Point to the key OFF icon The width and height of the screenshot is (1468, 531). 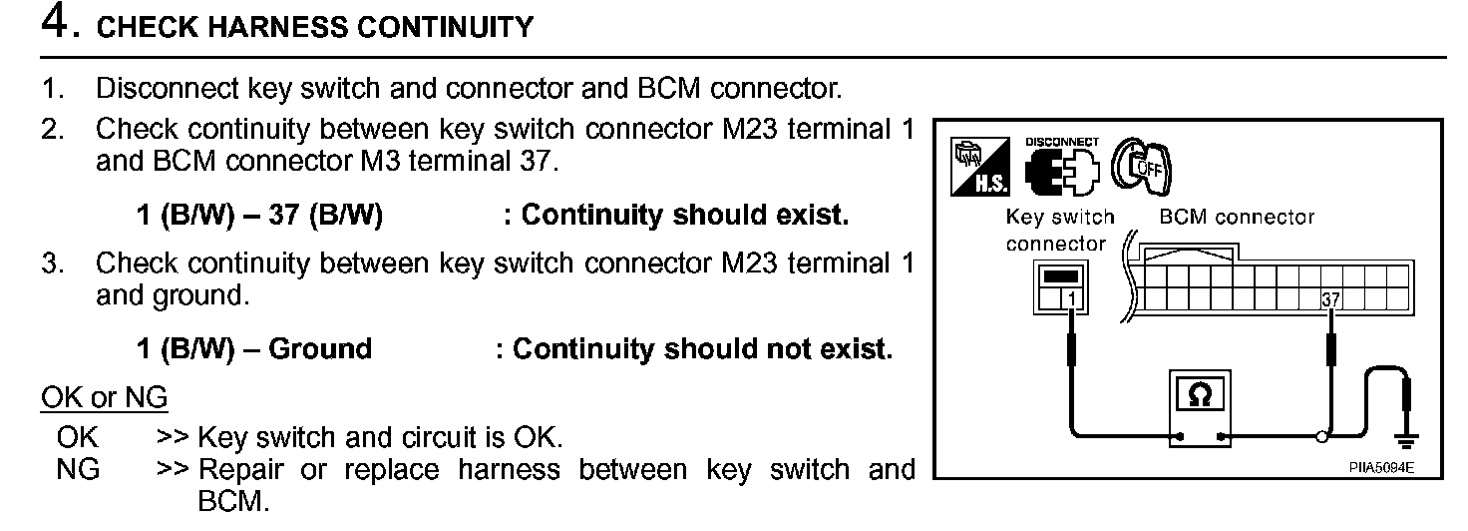1142,164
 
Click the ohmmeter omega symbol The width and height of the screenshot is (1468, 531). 1201,395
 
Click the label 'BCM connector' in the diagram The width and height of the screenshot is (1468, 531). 1237,218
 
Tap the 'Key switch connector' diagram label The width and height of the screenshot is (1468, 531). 1059,230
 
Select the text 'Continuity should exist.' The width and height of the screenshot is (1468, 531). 685,216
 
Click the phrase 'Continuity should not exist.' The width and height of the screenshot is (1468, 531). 702,349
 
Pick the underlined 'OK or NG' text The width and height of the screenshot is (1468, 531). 104,399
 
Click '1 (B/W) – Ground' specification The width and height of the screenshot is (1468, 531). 253,349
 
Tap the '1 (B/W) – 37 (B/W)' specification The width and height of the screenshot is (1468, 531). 258,216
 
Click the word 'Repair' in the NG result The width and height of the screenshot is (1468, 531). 242,470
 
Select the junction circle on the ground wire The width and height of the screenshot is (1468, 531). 1322,436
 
